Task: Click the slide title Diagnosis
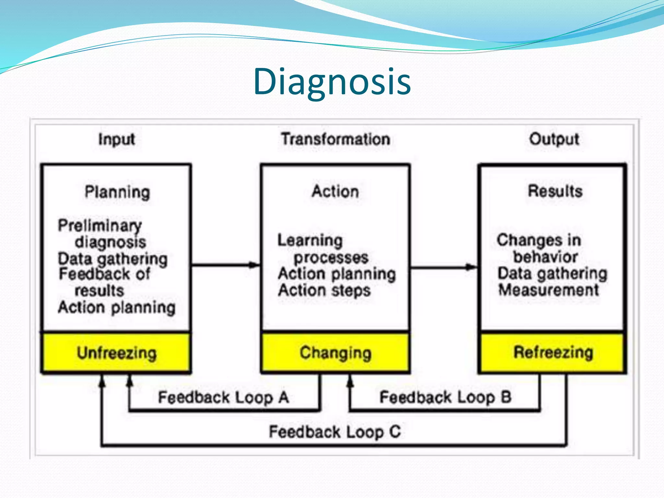[x=332, y=82]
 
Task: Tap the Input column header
[x=116, y=139]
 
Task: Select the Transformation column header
[x=336, y=139]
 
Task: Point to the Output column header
[x=554, y=139]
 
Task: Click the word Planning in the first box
[x=117, y=192]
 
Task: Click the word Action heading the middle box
[x=336, y=191]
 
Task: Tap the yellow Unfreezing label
[x=116, y=353]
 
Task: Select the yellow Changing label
[x=336, y=353]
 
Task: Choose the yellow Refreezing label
[x=553, y=352]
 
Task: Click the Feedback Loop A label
[x=223, y=397]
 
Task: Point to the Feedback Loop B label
[x=445, y=397]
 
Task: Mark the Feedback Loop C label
[x=335, y=432]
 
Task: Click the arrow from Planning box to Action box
[x=225, y=265]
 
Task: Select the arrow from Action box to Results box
[x=444, y=267]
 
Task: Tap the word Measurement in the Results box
[x=549, y=290]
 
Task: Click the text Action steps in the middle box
[x=324, y=290]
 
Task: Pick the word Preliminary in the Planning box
[x=100, y=225]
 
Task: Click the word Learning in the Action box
[x=310, y=241]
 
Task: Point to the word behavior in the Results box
[x=545, y=257]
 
